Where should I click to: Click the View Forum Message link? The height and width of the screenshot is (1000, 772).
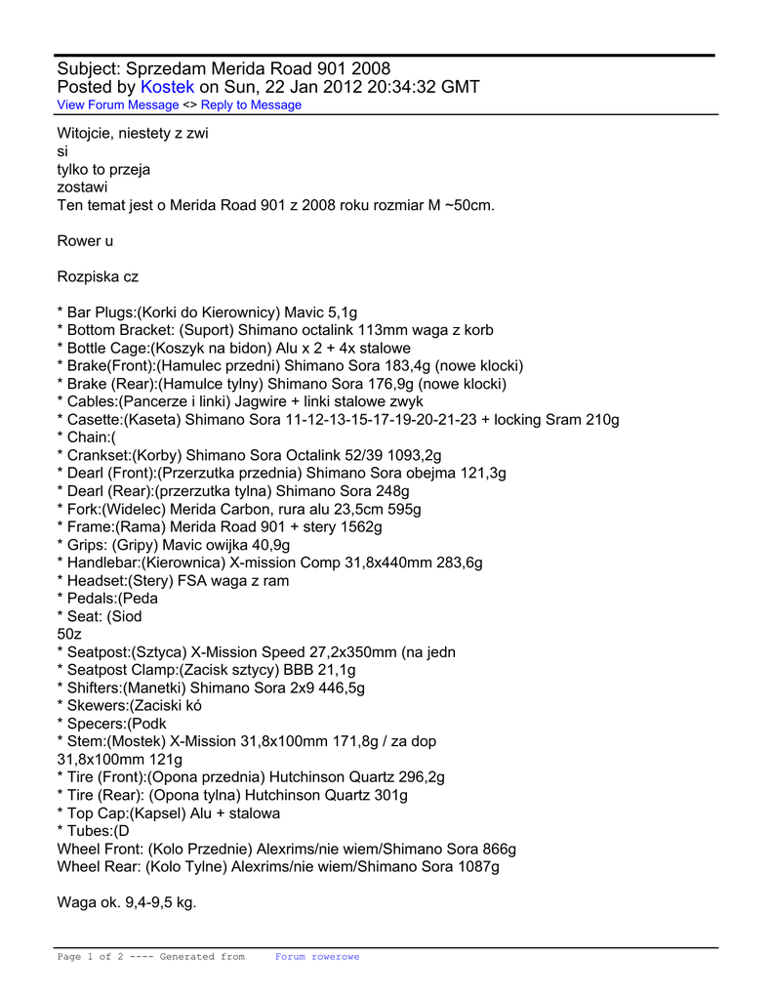118,105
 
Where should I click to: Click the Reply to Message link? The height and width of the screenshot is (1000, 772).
251,105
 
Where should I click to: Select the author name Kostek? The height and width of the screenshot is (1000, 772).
168,87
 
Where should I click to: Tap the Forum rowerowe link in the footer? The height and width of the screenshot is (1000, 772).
317,957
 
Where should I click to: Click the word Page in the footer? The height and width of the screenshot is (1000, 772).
70,957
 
